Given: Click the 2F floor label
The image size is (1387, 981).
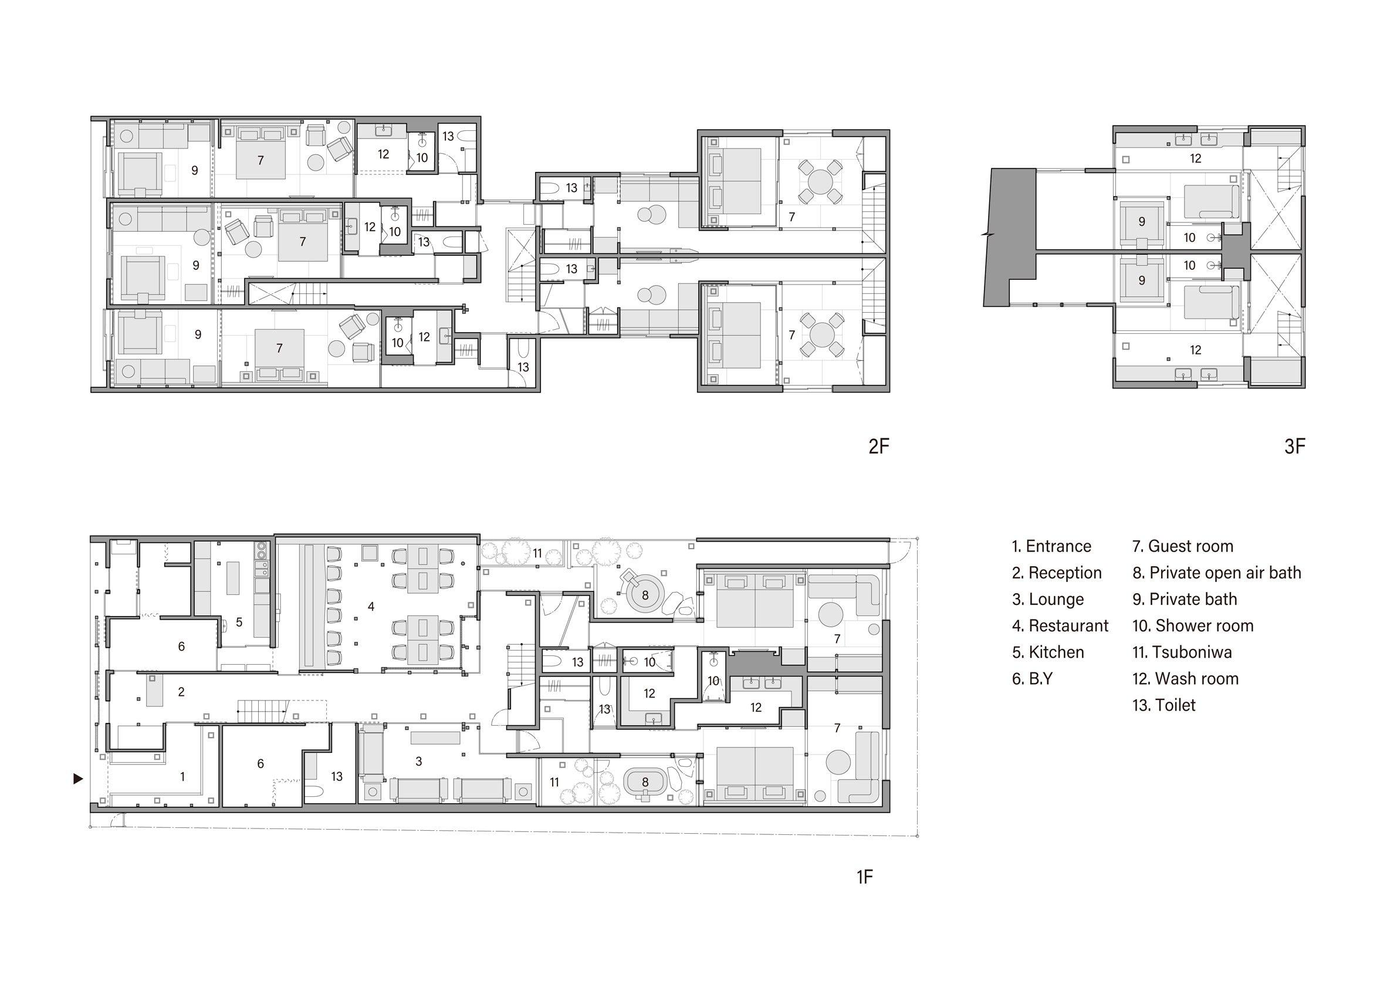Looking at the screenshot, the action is click(878, 446).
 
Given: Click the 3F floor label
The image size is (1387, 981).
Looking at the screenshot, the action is click(1295, 446).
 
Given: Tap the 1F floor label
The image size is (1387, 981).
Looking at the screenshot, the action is click(864, 877).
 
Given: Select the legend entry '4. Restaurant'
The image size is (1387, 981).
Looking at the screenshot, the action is click(1060, 625).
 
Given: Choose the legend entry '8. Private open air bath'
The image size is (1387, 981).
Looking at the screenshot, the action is click(1217, 573).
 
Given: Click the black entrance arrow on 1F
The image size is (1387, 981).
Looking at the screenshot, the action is click(78, 779).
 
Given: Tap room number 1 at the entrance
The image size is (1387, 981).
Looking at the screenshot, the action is click(182, 776).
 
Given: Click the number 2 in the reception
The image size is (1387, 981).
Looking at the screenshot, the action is click(181, 692).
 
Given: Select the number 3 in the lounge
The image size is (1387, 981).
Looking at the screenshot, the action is click(419, 762).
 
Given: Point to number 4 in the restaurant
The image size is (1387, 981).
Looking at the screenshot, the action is click(371, 606).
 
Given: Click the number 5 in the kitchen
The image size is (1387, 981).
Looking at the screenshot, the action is click(239, 621).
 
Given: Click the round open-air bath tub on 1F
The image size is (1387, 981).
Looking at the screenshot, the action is click(645, 595).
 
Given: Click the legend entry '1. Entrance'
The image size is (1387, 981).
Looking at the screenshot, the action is click(1052, 546).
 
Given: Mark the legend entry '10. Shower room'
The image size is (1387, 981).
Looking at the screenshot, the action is click(1193, 625).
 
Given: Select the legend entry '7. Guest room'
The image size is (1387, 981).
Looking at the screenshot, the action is click(1183, 546).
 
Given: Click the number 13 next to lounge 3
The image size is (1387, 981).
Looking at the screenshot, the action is click(336, 776).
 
